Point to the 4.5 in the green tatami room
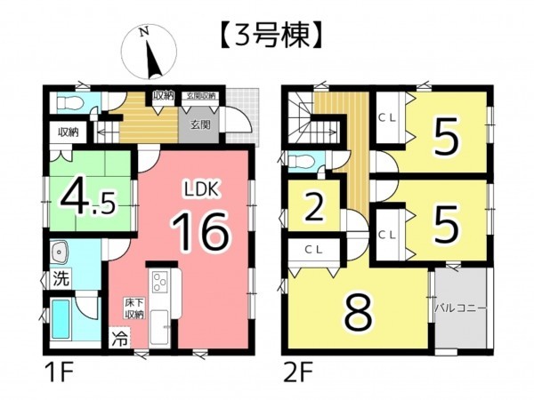(x=88, y=197)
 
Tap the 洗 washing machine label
(x=59, y=276)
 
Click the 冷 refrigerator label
(x=119, y=339)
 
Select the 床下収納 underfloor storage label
(x=133, y=309)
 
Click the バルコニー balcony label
(x=460, y=308)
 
